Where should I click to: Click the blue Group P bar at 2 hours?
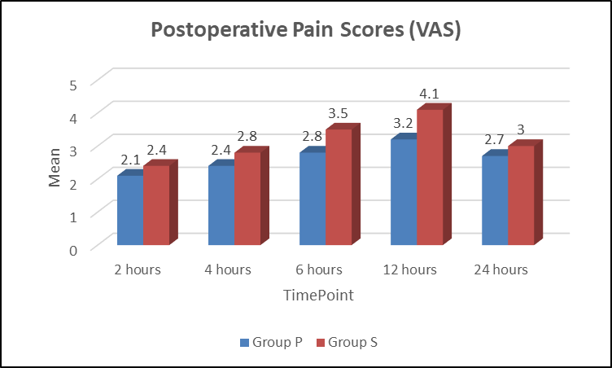pos(130,210)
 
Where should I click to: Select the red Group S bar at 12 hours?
pos(431,177)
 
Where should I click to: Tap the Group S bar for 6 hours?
pos(339,186)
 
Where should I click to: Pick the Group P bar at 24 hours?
pos(495,200)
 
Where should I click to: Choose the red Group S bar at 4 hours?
pos(247,199)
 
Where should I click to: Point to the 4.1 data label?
pos(430,94)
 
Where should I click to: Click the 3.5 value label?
pos(338,113)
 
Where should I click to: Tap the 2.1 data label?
pos(130,160)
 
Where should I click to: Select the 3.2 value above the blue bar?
pos(403,123)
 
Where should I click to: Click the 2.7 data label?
pos(494,139)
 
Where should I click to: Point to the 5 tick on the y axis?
pos(73,85)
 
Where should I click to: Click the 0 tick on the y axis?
pos(73,251)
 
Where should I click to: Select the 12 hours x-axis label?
pos(410,269)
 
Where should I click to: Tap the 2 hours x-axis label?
pos(138,269)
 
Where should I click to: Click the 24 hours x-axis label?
pos(501,269)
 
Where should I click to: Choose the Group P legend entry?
pos(271,342)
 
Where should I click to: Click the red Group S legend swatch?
pos(321,343)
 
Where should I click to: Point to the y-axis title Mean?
pos(55,168)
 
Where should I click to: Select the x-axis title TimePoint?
pos(318,296)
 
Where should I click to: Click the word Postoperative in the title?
pos(219,30)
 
